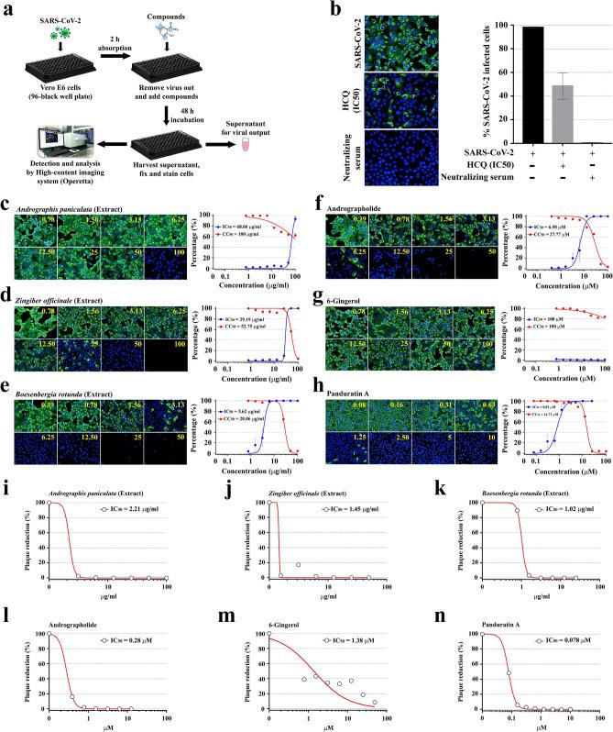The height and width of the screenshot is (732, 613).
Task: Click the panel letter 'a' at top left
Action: pyautogui.click(x=7, y=8)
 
